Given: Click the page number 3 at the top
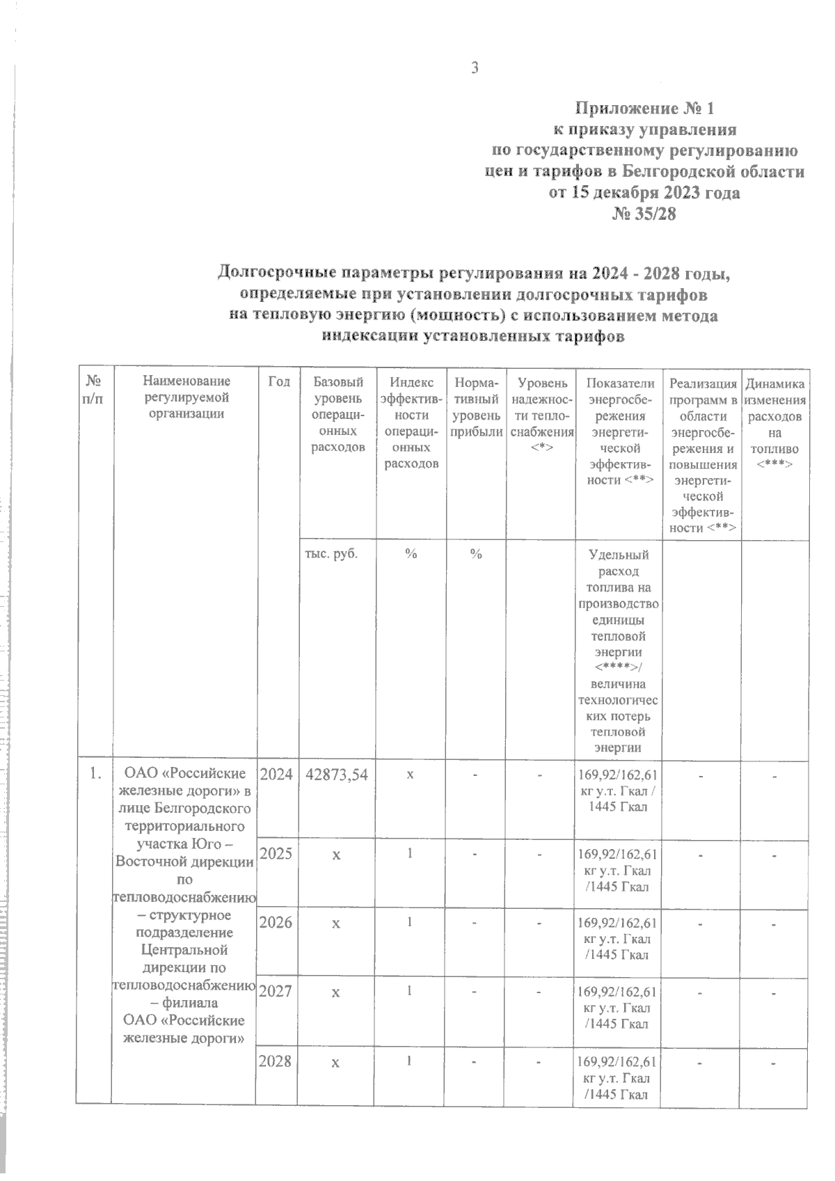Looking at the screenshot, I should coord(476,68).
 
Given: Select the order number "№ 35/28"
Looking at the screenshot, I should coord(644,214).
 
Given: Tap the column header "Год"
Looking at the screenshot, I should coord(278,382).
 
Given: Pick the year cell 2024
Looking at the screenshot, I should coord(277,774).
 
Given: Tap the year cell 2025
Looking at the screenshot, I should coord(277,853).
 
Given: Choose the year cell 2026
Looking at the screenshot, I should coord(277,923).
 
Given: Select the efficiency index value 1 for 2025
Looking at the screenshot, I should coord(411,852).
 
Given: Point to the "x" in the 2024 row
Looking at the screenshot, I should coord(411,774).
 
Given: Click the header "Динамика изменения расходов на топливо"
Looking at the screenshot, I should coord(775,422).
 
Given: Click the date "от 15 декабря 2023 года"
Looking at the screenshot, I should coord(644,193).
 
